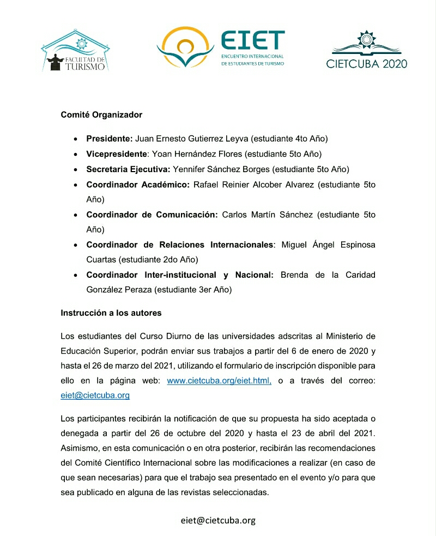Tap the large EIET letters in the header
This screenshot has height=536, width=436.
[x=252, y=40]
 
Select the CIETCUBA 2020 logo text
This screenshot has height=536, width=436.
[x=366, y=64]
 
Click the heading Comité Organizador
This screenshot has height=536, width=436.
[x=101, y=115]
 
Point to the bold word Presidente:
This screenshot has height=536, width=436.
[x=109, y=138]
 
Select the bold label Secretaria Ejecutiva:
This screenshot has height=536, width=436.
[x=129, y=169]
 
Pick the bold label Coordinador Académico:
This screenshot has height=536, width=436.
[x=138, y=184]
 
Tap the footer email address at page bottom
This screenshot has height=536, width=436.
[x=218, y=520]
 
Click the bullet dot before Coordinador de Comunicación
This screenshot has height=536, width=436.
[x=74, y=215]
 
